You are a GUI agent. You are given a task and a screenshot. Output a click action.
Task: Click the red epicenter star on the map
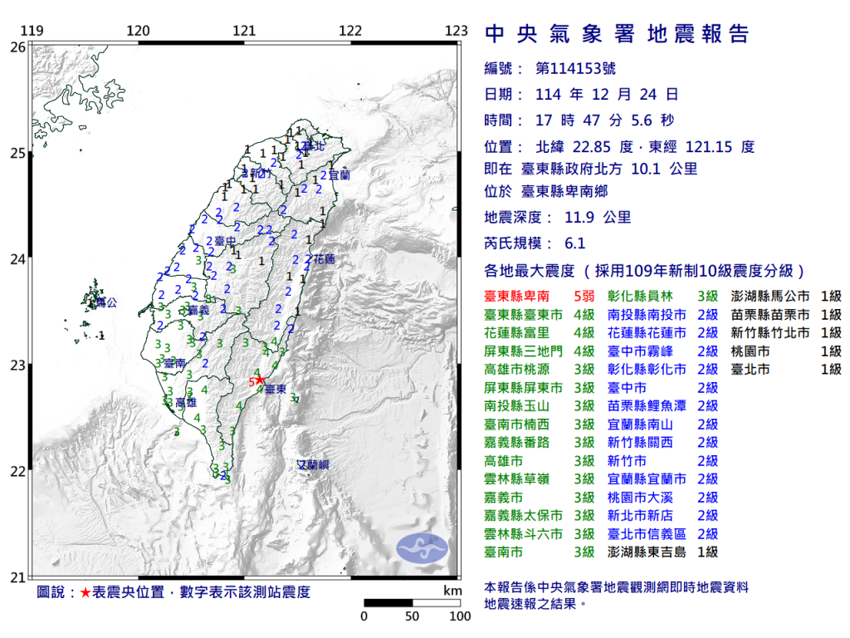coord(260,380)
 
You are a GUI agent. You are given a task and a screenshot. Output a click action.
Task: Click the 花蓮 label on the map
coord(323,260)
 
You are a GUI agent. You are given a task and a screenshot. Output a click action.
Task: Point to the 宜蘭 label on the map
coord(340,176)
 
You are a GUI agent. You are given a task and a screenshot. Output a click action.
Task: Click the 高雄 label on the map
coord(187,402)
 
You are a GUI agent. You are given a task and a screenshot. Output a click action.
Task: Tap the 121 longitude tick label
coord(244,32)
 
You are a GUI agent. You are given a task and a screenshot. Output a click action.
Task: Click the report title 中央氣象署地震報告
coord(616,34)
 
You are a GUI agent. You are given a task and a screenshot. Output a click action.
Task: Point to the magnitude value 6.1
coord(574,243)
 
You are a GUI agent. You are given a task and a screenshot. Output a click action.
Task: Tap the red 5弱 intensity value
coord(584,297)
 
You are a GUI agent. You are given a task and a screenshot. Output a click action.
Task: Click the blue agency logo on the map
coord(422,547)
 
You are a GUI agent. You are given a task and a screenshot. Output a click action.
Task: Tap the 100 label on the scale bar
coord(460,616)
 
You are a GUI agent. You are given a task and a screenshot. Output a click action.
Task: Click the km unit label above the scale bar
coord(452,591)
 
